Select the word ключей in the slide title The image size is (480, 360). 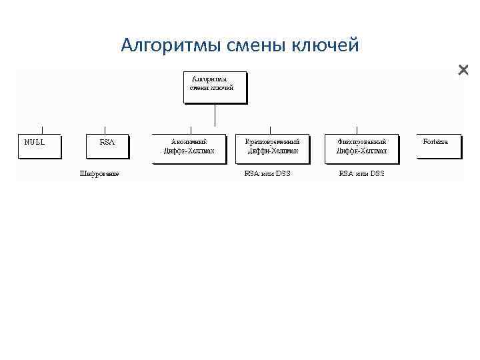pyautogui.click(x=326, y=45)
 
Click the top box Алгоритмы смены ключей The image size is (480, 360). pyautogui.click(x=215, y=87)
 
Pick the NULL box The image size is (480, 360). pyautogui.click(x=39, y=146)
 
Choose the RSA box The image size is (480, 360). pyautogui.click(x=107, y=146)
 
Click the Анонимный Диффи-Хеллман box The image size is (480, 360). pyautogui.click(x=189, y=148)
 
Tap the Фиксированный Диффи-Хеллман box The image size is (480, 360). pyautogui.click(x=361, y=148)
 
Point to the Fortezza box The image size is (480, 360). pyautogui.click(x=437, y=146)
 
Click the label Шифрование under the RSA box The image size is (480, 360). pyautogui.click(x=99, y=174)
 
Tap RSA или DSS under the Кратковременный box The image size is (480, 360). pyautogui.click(x=267, y=174)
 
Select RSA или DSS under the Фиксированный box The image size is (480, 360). pyautogui.click(x=362, y=174)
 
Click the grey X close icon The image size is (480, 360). pyautogui.click(x=463, y=70)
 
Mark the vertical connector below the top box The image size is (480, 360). pyautogui.click(x=215, y=115)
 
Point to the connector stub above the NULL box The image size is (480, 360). pyautogui.click(x=42, y=130)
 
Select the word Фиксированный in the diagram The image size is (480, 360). pyautogui.click(x=361, y=141)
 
